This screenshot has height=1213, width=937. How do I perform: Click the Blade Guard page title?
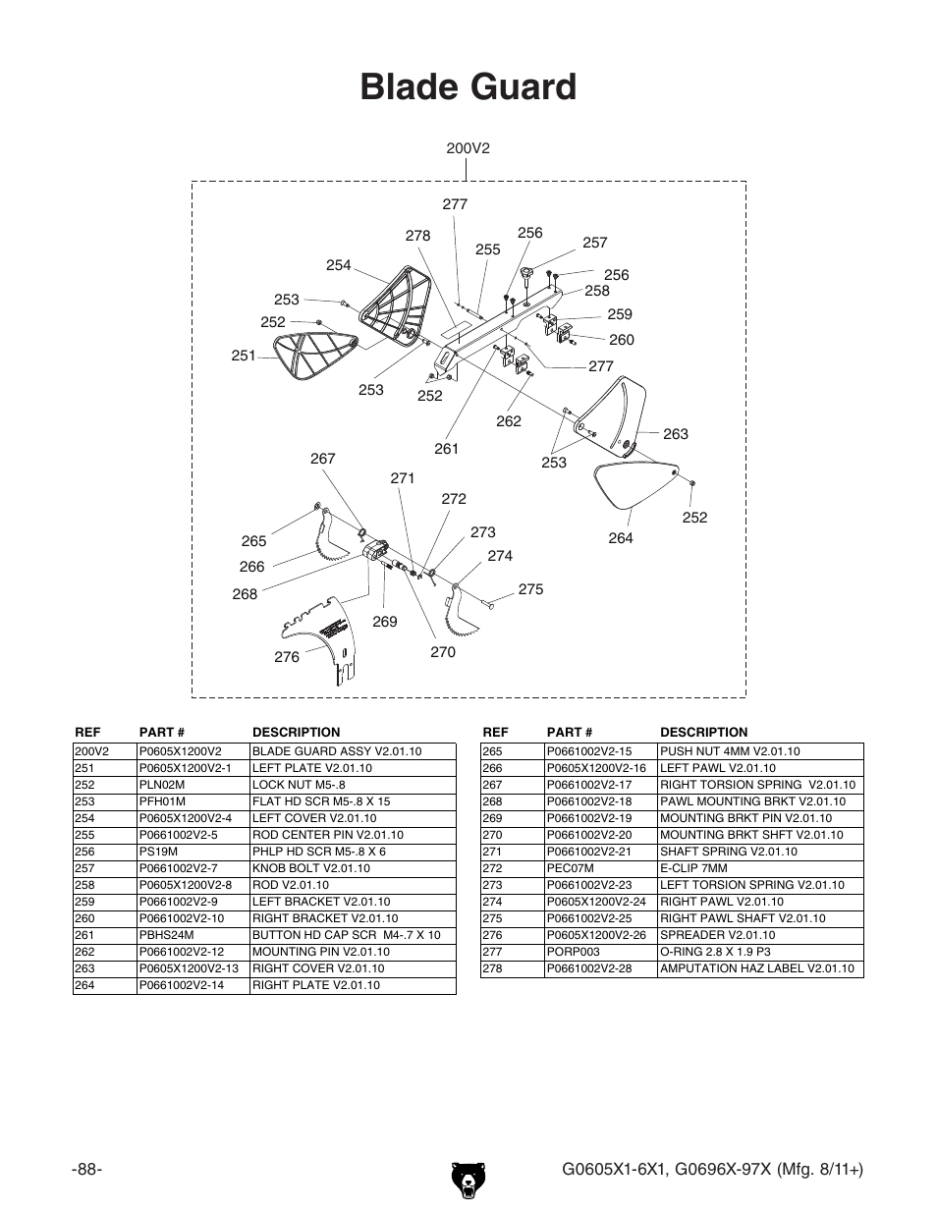coord(468,87)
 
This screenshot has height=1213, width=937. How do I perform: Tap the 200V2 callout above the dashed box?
coord(468,148)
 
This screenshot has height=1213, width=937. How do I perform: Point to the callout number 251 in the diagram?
coord(244,356)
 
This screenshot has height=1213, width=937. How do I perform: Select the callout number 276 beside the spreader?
coord(286,657)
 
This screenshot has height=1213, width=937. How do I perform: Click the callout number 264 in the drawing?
coord(621,538)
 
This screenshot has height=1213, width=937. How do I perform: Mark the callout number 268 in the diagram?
coord(245,594)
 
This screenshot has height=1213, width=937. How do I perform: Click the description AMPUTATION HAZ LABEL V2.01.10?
coord(756,969)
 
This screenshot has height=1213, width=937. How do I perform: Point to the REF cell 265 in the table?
coord(492,751)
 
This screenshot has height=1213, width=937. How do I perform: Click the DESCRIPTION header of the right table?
coord(703,732)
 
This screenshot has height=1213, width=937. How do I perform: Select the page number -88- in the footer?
coord(87,1169)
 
